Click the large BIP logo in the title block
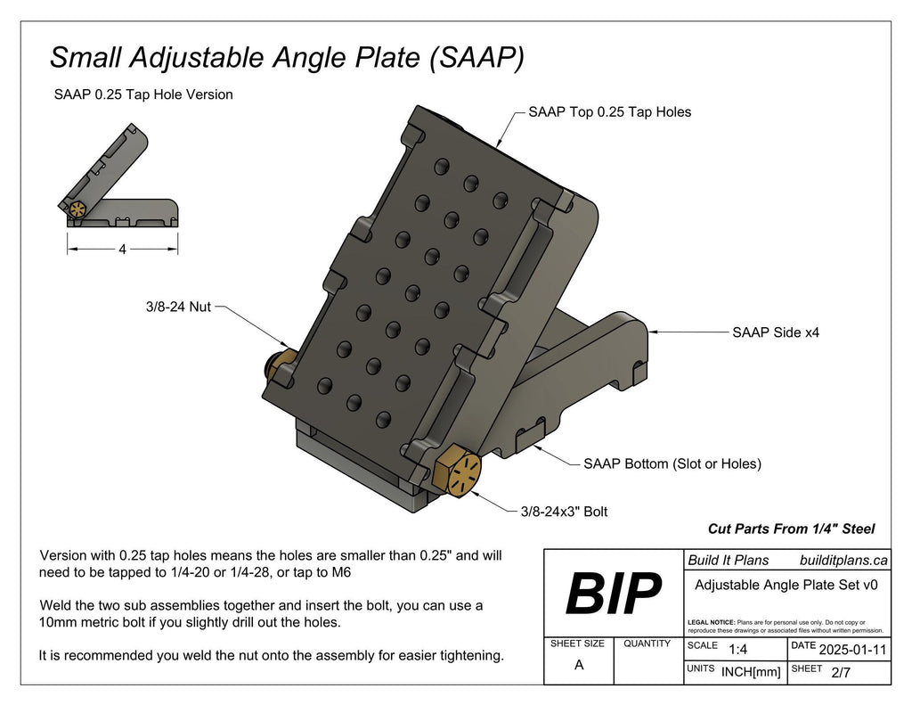[614, 593]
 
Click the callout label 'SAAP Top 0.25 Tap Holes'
[609, 112]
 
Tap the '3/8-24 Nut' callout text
[178, 307]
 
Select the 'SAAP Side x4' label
[775, 332]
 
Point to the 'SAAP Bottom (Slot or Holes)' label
[672, 464]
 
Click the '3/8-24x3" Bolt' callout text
[564, 512]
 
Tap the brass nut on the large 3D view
[284, 364]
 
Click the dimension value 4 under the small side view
[122, 250]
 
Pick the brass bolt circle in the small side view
[78, 210]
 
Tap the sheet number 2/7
[840, 673]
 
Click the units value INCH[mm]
[751, 673]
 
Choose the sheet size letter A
[579, 666]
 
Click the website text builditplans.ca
[843, 561]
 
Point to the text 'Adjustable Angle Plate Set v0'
[786, 586]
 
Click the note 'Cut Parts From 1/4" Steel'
[791, 529]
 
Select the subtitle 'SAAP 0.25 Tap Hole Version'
[143, 94]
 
